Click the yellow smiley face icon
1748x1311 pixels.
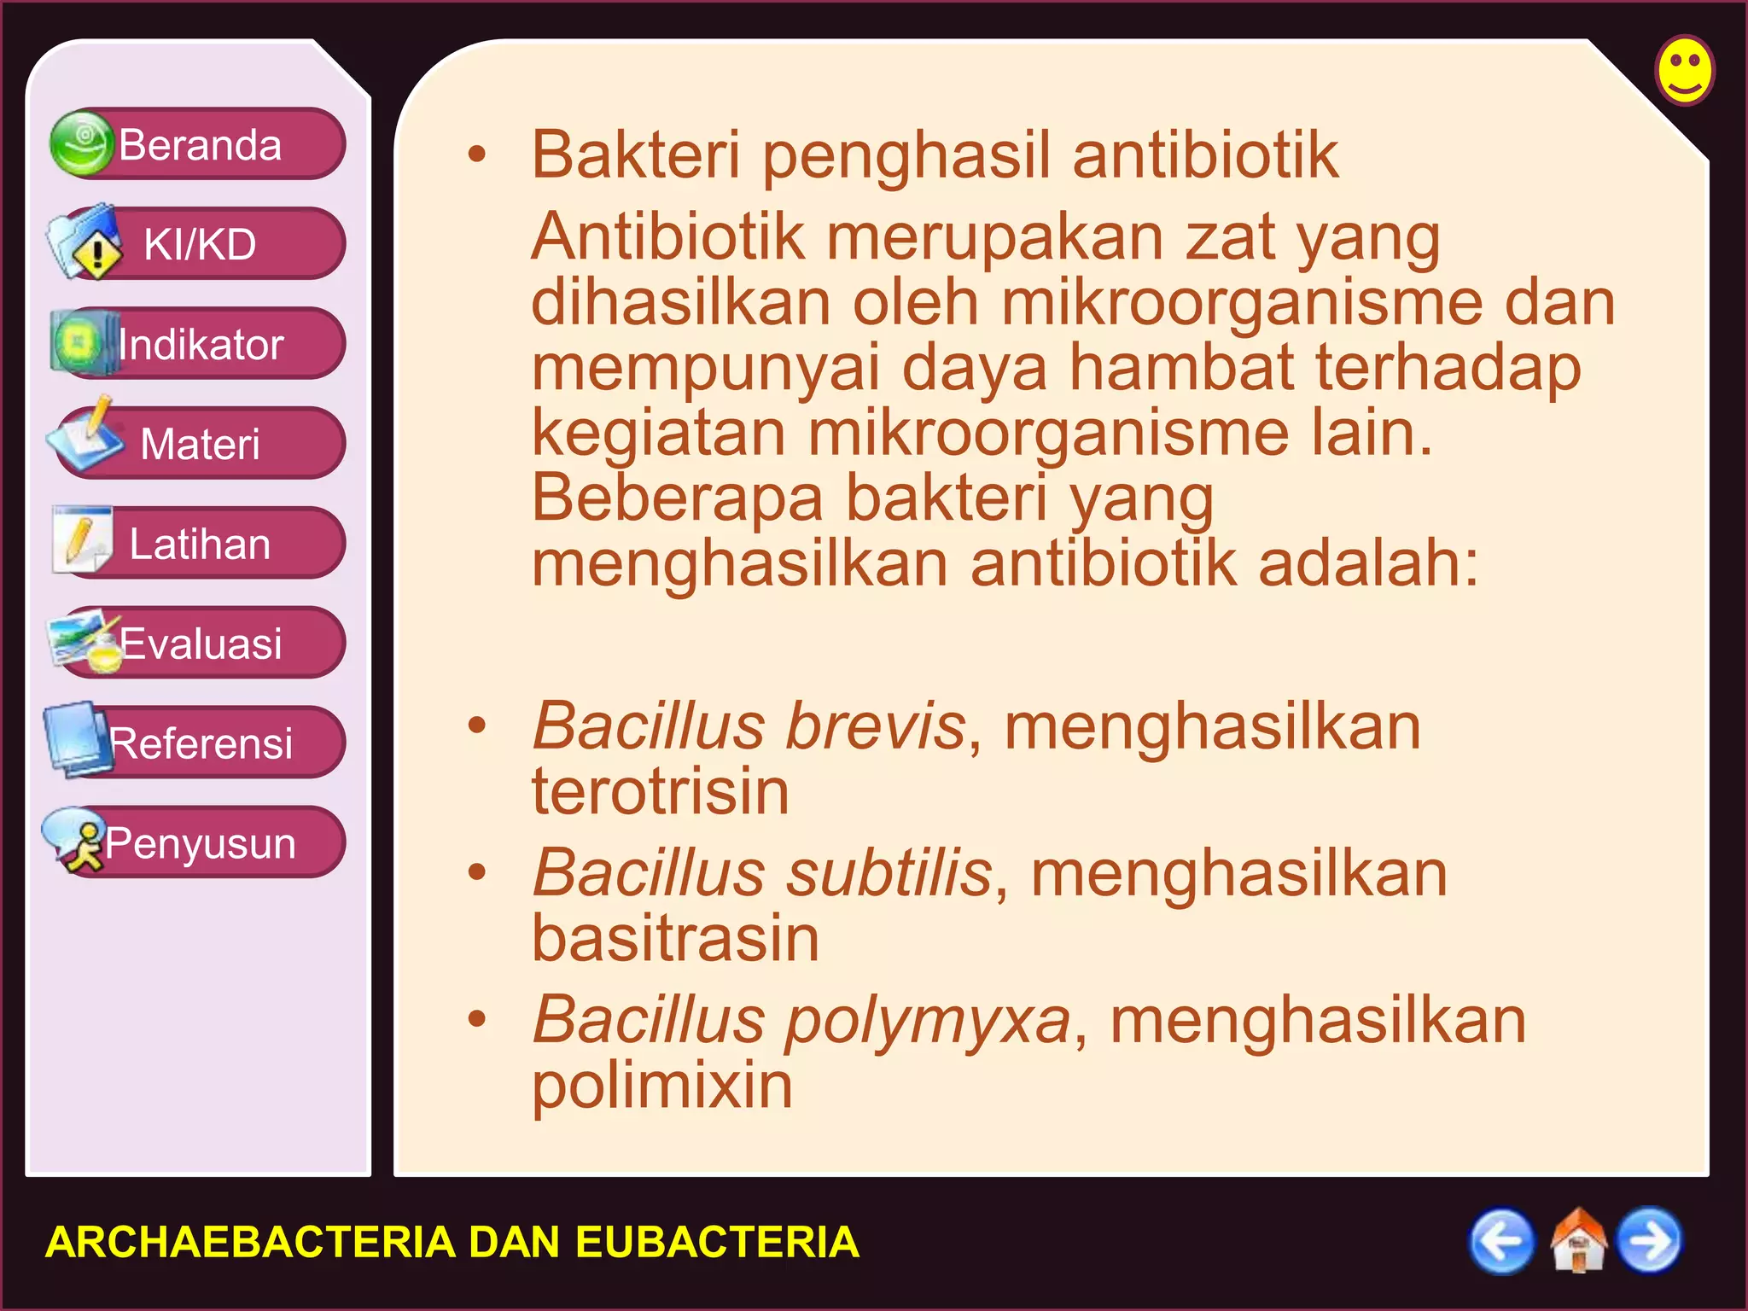pyautogui.click(x=1685, y=70)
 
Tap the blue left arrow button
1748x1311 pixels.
pyautogui.click(x=1501, y=1241)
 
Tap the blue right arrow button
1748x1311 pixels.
pyautogui.click(x=1650, y=1241)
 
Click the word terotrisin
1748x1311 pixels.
pyautogui.click(x=661, y=792)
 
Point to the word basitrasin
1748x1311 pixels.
pyautogui.click(x=675, y=939)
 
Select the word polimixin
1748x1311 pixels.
pyautogui.click(x=662, y=1086)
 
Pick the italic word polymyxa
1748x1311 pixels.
pyautogui.click(x=928, y=1021)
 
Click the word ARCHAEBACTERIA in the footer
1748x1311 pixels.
pyautogui.click(x=250, y=1242)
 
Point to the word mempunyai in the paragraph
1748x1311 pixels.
pyautogui.click(x=705, y=368)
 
